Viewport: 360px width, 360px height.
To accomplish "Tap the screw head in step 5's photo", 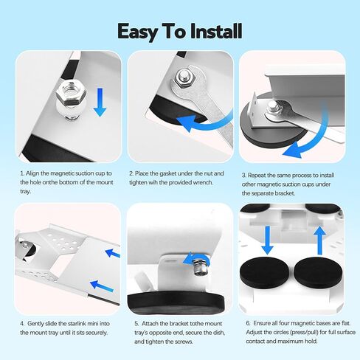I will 198,259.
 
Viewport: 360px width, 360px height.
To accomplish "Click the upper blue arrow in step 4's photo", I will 113,252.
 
